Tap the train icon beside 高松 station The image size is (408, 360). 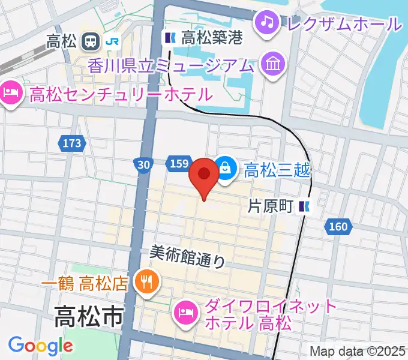point(92,41)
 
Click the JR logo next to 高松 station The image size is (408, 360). point(111,41)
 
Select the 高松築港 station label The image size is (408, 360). point(211,38)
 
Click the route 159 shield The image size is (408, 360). point(180,164)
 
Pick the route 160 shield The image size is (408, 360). point(338,226)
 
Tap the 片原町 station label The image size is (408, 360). point(271,207)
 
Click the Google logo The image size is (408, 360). point(40,346)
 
